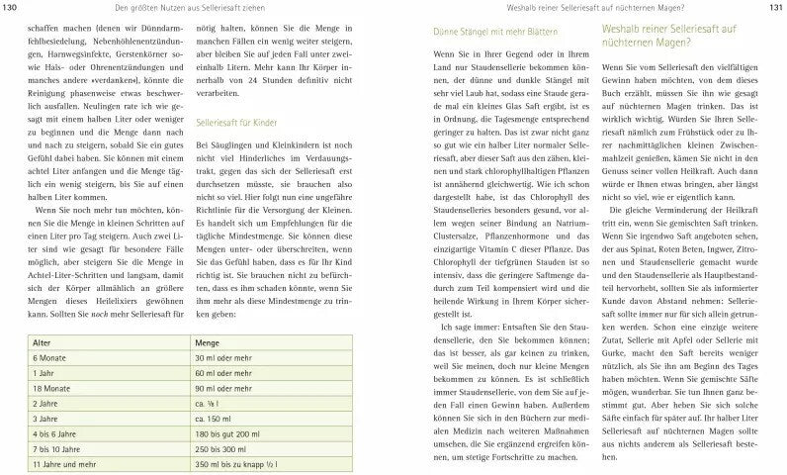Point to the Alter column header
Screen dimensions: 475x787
click(43, 341)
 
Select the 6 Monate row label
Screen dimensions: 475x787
click(50, 358)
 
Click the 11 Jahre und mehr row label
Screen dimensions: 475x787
click(68, 462)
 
